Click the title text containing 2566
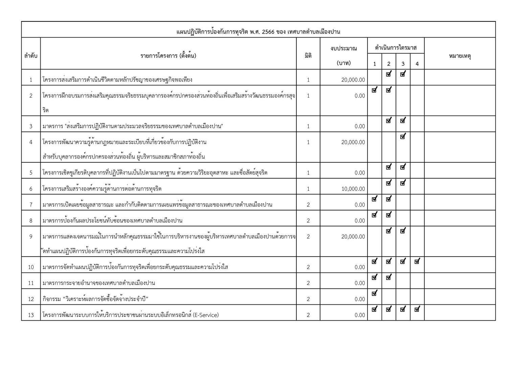(258, 32)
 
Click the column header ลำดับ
(31, 56)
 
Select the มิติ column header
(308, 56)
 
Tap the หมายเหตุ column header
(460, 56)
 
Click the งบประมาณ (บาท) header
(344, 56)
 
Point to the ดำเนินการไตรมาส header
(396, 48)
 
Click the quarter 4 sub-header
(417, 64)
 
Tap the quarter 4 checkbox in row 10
(417, 261)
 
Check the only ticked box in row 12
(374, 293)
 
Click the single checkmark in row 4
(403, 137)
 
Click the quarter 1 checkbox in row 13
(374, 309)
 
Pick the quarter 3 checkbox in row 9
(403, 231)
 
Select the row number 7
(31, 205)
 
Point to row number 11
(31, 283)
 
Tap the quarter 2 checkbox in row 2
(388, 90)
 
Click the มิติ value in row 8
(308, 221)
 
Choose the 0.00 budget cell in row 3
(360, 126)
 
